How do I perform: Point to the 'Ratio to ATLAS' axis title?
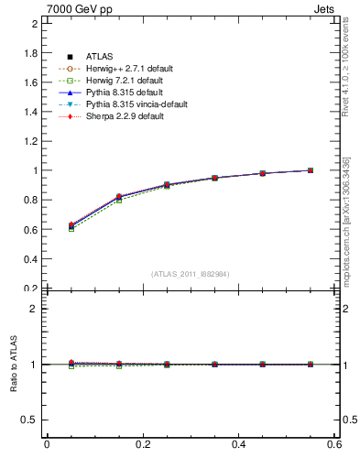(14, 365)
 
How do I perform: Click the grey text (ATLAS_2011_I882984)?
(191, 274)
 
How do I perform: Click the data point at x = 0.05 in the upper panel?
(71, 225)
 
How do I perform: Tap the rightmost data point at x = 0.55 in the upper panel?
(311, 170)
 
